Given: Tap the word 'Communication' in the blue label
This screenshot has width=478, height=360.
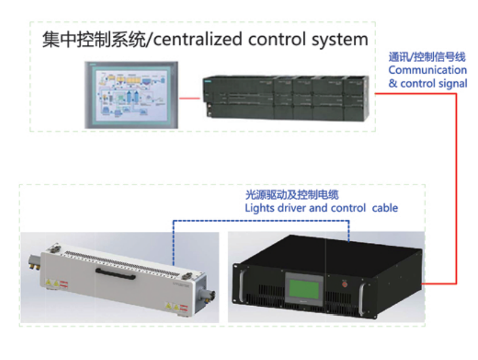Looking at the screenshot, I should tap(427, 70).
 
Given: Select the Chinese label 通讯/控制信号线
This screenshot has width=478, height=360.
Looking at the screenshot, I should tap(426, 57).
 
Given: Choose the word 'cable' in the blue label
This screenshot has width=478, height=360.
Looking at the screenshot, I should tap(385, 208).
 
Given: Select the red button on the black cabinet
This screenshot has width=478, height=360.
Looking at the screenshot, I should tap(346, 282).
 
